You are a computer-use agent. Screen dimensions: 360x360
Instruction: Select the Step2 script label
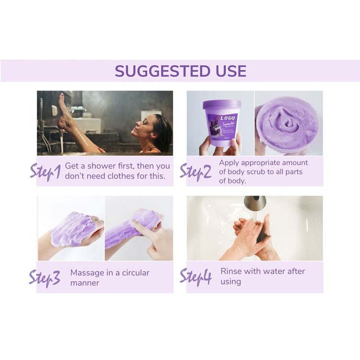195,171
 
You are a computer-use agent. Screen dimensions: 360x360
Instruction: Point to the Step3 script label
45,278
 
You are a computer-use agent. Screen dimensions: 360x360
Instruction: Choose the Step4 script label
195,276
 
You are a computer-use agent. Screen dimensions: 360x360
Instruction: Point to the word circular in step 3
133,273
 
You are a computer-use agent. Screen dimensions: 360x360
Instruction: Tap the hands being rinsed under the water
252,232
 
